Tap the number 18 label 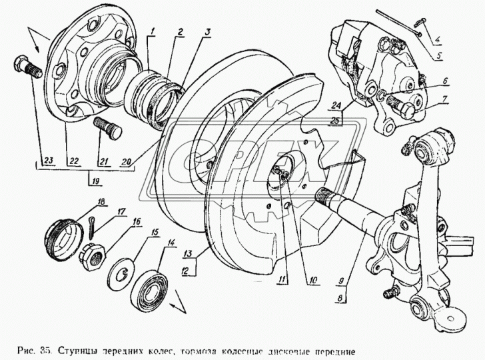click(x=101, y=201)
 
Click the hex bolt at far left click(x=27, y=68)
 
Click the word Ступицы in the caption click(x=79, y=350)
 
